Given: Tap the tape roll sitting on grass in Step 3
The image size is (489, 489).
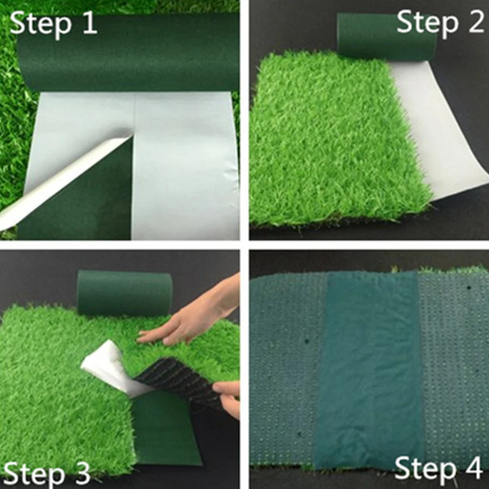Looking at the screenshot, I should click(125, 293).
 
